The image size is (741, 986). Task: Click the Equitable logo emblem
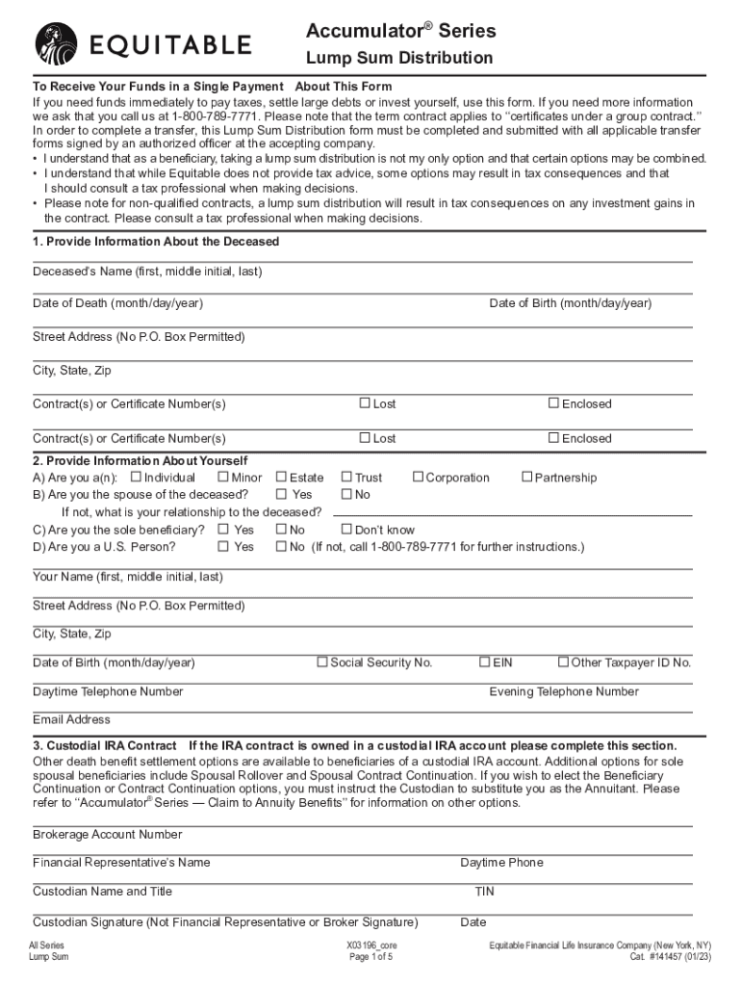(x=57, y=44)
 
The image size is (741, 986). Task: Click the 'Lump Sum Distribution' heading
(x=398, y=59)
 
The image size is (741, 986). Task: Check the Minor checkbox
(x=223, y=477)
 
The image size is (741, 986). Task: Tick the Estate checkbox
(x=281, y=477)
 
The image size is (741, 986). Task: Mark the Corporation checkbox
(x=418, y=477)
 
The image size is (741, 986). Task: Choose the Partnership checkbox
(x=526, y=477)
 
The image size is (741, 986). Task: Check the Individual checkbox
(x=136, y=477)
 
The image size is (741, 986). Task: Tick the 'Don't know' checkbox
(x=346, y=529)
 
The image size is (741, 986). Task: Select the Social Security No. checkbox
(x=322, y=662)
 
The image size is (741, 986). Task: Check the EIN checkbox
(x=484, y=662)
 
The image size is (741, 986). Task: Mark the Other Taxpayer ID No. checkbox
(x=563, y=662)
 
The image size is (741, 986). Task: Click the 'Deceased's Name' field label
(x=146, y=272)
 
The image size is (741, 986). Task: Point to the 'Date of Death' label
(x=117, y=303)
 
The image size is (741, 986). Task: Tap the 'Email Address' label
(x=71, y=719)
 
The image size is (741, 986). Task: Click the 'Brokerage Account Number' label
(x=107, y=834)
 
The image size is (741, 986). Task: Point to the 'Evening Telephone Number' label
(x=563, y=691)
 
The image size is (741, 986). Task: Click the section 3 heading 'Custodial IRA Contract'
(x=105, y=745)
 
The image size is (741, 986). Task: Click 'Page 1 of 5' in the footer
(x=370, y=958)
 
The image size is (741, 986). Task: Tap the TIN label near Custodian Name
(x=484, y=892)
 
